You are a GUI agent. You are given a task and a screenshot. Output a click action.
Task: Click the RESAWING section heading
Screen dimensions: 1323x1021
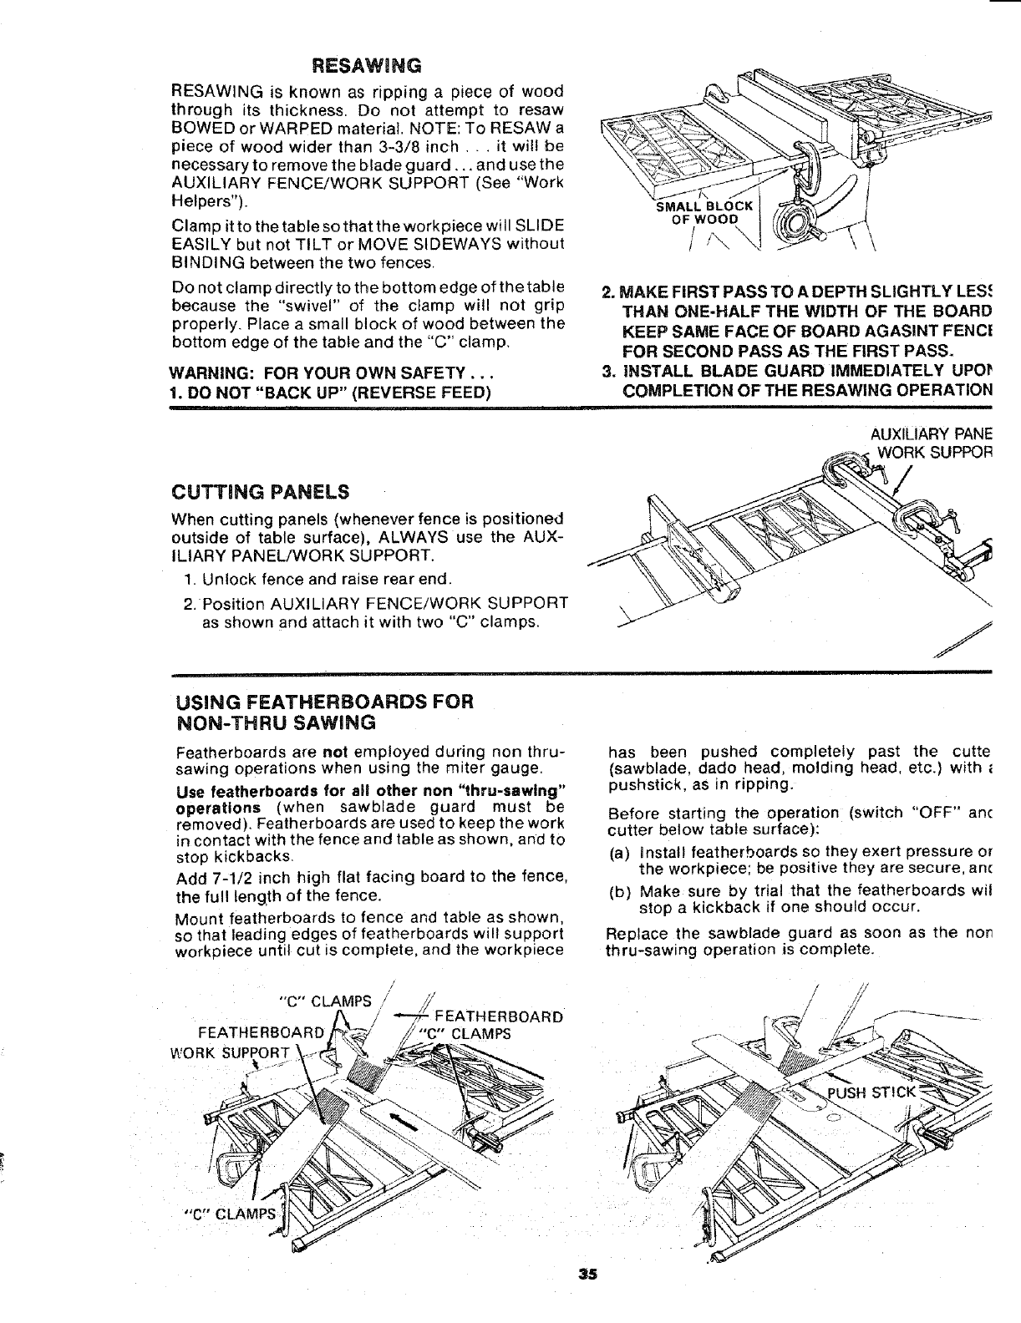[365, 65]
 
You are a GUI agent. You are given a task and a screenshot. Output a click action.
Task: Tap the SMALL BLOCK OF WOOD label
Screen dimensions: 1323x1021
[704, 213]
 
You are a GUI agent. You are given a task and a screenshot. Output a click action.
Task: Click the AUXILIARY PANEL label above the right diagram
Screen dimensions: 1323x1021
[930, 434]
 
